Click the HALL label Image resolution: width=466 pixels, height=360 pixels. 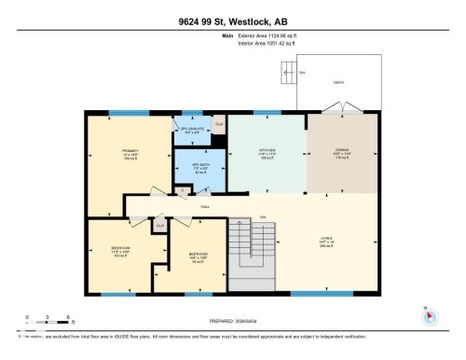point(204,207)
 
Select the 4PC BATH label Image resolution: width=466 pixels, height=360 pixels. point(199,167)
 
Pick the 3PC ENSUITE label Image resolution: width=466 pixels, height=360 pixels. point(191,131)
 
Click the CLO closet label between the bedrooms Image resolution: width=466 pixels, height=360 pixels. point(159,225)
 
